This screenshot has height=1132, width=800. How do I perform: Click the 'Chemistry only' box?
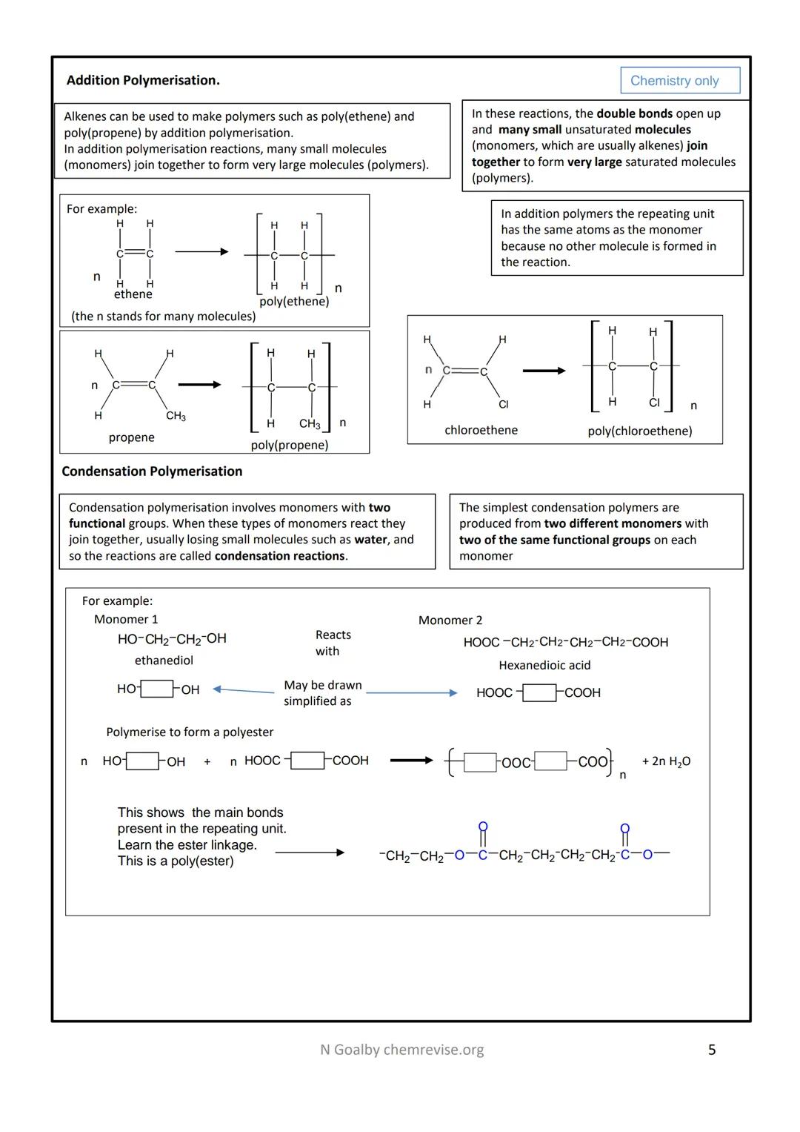(679, 80)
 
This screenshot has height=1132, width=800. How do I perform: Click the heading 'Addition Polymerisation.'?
(143, 80)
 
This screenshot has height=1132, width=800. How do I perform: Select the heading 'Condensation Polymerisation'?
(152, 471)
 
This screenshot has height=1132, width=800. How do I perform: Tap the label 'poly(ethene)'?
(294, 302)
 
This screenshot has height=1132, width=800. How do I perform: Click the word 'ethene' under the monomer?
(133, 294)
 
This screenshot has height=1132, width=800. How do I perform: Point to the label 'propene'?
(132, 437)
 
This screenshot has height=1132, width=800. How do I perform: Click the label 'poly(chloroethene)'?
(639, 431)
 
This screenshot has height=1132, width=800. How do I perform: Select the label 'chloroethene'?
(481, 430)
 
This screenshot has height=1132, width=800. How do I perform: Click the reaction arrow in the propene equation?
(199, 385)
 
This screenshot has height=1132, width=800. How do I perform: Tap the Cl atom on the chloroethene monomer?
(504, 404)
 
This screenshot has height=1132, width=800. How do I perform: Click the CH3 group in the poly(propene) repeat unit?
(310, 424)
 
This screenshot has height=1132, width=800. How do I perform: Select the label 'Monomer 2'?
(450, 620)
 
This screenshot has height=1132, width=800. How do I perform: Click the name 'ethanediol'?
(164, 661)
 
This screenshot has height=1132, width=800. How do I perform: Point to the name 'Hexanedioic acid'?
(544, 666)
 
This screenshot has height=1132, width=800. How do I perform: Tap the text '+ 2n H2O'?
(666, 761)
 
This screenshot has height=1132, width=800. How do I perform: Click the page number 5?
(712, 1050)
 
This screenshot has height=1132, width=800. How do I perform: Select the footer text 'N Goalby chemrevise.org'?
(401, 1050)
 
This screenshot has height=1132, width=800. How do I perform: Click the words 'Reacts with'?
(333, 643)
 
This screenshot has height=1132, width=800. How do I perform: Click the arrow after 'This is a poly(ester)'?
(310, 853)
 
